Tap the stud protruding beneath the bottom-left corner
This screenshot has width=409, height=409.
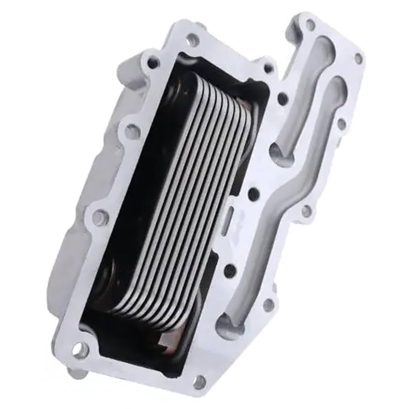[76, 373]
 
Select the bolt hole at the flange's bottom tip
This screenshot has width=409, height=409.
[200, 381]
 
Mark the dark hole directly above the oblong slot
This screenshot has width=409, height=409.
[253, 194]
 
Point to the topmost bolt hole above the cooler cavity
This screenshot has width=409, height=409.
[193, 40]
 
